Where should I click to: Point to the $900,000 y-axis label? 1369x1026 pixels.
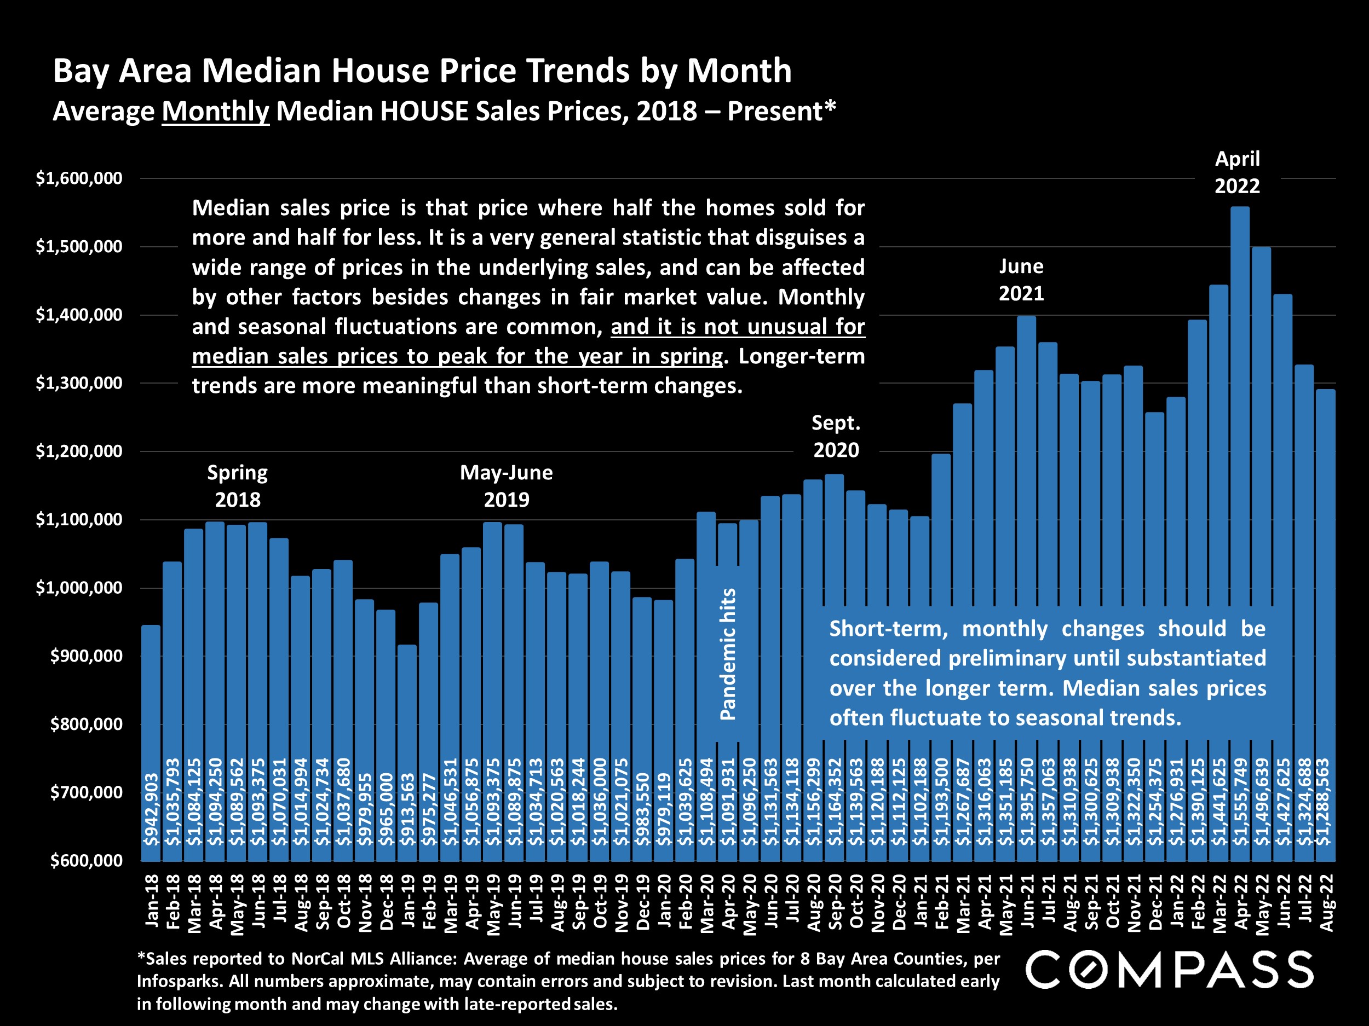click(x=86, y=656)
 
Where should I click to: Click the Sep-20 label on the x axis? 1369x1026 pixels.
click(x=836, y=902)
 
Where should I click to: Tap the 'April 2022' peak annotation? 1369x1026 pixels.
click(x=1237, y=172)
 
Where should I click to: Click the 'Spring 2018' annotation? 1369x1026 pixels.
click(x=238, y=486)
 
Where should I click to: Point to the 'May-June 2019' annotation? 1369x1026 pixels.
click(x=507, y=486)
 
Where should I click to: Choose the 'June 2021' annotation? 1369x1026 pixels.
click(x=1021, y=280)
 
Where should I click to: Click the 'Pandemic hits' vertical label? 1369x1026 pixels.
click(x=728, y=654)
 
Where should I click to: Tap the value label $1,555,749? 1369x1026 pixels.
click(x=1240, y=802)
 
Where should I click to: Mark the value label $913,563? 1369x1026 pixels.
click(x=407, y=809)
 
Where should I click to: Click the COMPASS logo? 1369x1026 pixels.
click(x=1169, y=970)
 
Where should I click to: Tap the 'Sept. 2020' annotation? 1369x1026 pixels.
click(x=836, y=437)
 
